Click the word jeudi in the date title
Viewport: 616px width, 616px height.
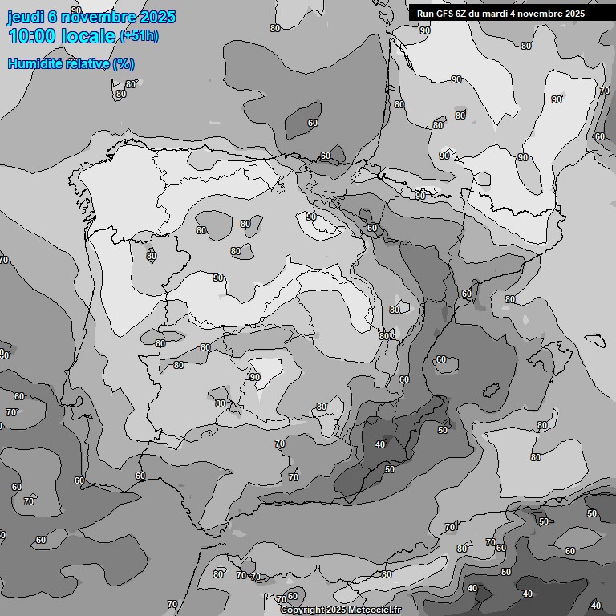pyautogui.click(x=25, y=17)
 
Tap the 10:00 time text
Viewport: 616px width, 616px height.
pyautogui.click(x=31, y=36)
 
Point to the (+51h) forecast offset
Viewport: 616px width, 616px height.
pyautogui.click(x=139, y=36)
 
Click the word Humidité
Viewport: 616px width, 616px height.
pyautogui.click(x=34, y=63)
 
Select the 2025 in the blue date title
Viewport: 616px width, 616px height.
pyautogui.click(x=157, y=17)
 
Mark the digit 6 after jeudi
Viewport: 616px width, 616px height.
pyautogui.click(x=53, y=17)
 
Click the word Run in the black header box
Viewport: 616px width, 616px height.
pyautogui.click(x=425, y=14)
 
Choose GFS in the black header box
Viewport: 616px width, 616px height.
pyautogui.click(x=444, y=14)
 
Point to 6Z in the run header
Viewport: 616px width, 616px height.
pyautogui.click(x=463, y=14)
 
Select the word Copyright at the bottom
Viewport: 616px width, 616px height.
pyautogui.click(x=302, y=610)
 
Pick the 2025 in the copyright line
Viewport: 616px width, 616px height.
pyautogui.click(x=337, y=610)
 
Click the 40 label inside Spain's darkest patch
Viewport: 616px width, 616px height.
pyautogui.click(x=380, y=444)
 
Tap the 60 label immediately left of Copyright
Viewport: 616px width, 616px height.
pyautogui.click(x=293, y=596)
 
